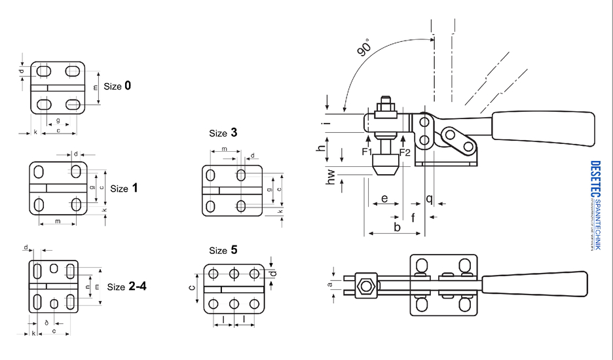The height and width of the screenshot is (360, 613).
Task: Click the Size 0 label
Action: point(117,86)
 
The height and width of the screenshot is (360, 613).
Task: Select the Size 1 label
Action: point(124,189)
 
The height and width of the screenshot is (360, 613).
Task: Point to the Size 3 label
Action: point(223,134)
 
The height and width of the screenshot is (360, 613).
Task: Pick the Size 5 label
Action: point(223,251)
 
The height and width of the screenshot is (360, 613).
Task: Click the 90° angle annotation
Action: point(364,49)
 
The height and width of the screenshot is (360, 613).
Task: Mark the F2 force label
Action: point(405,153)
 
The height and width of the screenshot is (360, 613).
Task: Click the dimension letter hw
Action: point(331,177)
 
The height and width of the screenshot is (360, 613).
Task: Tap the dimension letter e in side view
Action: point(384,198)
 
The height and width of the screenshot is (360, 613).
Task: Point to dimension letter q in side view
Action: point(429,198)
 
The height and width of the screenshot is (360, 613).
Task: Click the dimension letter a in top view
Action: point(330,284)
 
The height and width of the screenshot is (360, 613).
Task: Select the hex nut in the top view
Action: point(365,285)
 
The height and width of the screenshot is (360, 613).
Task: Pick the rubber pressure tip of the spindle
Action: point(385,164)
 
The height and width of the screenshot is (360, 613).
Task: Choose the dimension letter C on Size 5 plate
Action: point(192,286)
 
